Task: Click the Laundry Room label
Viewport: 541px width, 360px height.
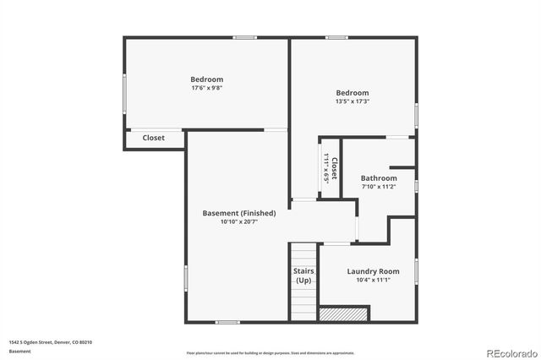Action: [x=373, y=271]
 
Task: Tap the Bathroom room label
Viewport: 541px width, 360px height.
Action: [x=379, y=178]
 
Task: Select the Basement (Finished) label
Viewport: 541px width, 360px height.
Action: [x=239, y=213]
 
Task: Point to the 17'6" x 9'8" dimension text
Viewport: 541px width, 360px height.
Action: [x=207, y=88]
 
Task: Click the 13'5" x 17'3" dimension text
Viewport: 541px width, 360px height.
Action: [x=352, y=101]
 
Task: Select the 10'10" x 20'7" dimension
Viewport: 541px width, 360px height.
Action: [x=239, y=222]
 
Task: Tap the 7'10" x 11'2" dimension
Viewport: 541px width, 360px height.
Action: [x=379, y=188]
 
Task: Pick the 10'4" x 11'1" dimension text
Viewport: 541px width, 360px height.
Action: [x=373, y=280]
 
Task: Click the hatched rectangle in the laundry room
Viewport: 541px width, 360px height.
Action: [x=345, y=314]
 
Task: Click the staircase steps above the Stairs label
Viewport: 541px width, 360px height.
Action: [x=303, y=254]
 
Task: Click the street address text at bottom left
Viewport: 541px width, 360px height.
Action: [x=51, y=342]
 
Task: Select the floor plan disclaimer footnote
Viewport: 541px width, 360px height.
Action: [x=270, y=353]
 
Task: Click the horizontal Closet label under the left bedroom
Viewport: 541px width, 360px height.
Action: [x=154, y=138]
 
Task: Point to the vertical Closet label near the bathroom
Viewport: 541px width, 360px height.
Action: [x=334, y=168]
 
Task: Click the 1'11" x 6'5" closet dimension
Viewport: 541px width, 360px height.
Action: [x=325, y=168]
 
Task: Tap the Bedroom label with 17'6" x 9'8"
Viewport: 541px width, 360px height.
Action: [x=207, y=79]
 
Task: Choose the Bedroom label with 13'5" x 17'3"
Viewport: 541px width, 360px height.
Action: [x=352, y=93]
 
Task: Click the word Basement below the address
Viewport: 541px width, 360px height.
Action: [x=19, y=351]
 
